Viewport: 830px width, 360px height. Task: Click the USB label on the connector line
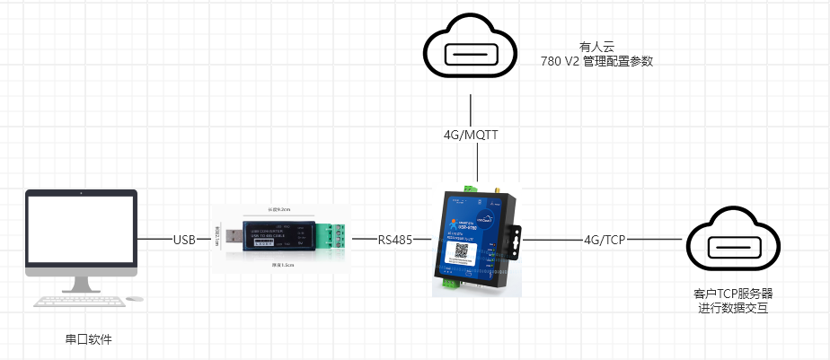pyautogui.click(x=185, y=241)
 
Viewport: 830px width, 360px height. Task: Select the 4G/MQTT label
pyautogui.click(x=471, y=136)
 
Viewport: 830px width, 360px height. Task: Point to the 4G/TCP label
pyautogui.click(x=604, y=241)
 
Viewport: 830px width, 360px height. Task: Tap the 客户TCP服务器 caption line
pyautogui.click(x=734, y=294)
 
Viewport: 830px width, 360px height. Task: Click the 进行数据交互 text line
pyautogui.click(x=733, y=308)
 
